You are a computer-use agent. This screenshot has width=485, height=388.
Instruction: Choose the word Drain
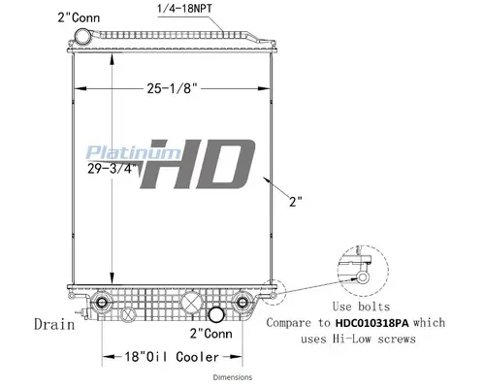50,323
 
